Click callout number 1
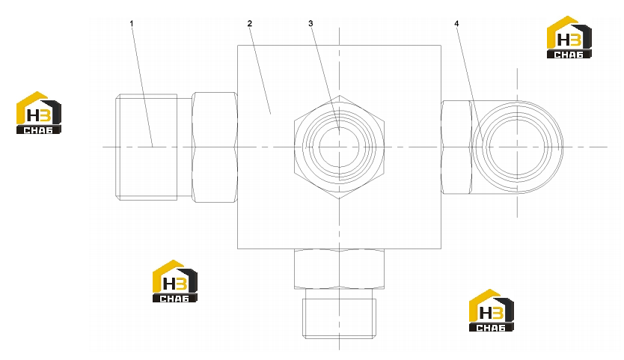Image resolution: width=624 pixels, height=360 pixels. pos(132,24)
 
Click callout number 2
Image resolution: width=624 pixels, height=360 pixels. pos(249,24)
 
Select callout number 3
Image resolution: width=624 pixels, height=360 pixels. pos(311,24)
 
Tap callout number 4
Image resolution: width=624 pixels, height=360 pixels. pos(456,24)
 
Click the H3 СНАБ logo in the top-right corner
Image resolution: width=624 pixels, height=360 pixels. pos(569,37)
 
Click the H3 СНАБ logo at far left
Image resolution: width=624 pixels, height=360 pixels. pos(39,113)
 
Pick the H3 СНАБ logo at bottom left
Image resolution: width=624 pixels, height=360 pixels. pos(175,281)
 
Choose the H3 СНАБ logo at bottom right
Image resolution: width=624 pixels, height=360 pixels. pos(492,311)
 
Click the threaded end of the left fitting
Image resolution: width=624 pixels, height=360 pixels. pos(147,147)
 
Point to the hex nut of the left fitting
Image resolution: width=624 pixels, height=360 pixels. pos(215,147)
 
